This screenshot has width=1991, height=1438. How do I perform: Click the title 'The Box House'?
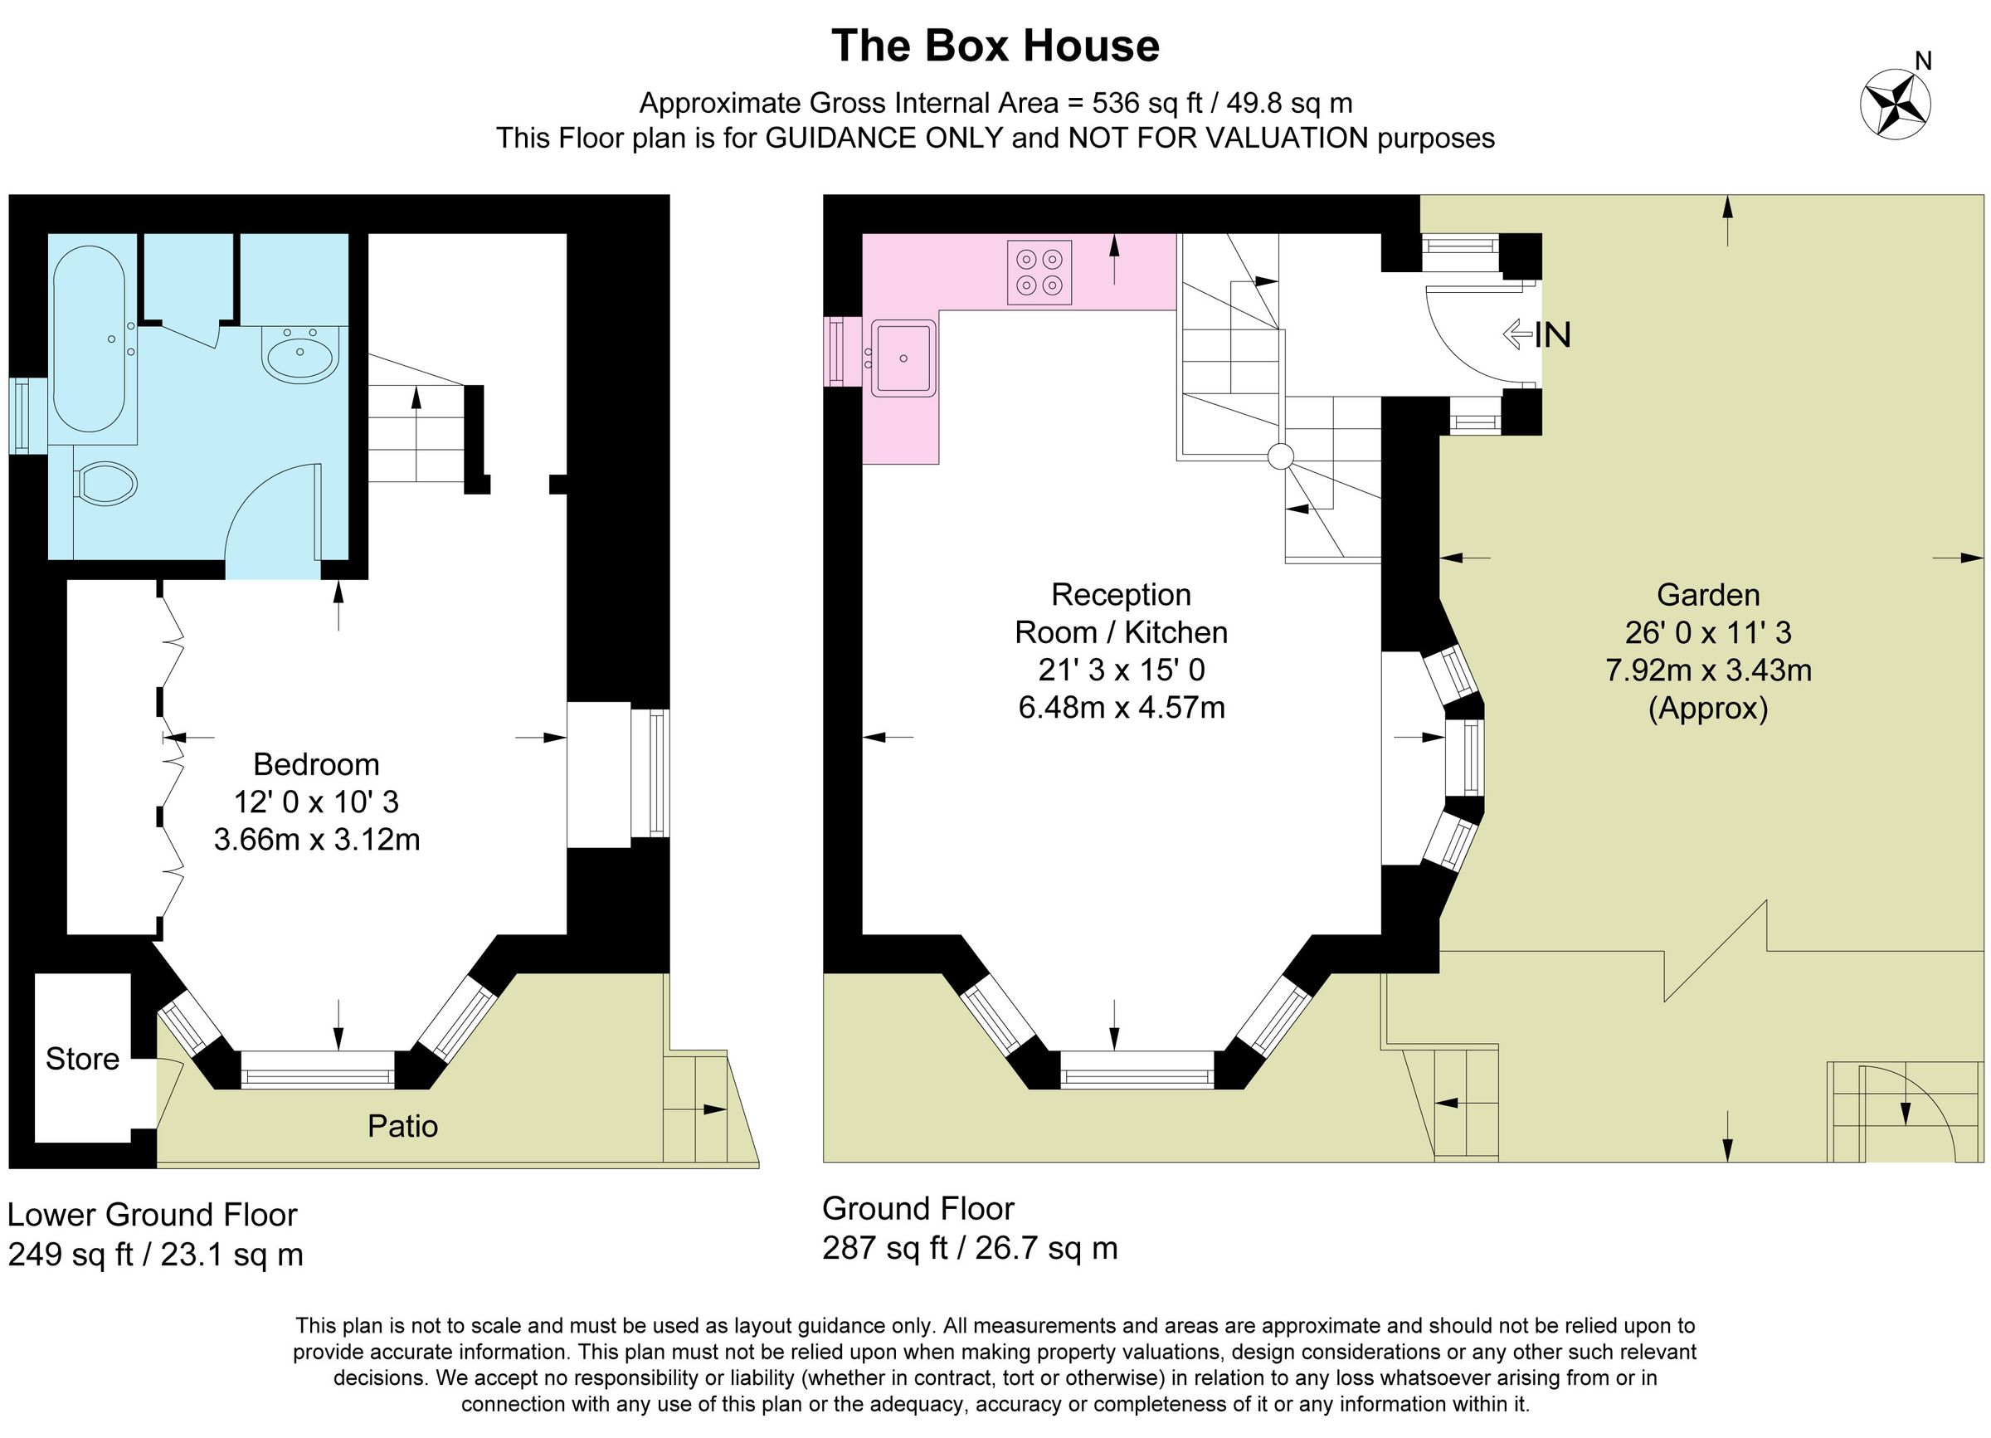click(x=995, y=46)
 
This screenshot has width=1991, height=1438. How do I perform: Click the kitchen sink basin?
click(x=904, y=358)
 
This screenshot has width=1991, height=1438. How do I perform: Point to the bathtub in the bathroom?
click(x=90, y=339)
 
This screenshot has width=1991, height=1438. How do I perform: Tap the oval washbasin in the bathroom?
click(x=299, y=355)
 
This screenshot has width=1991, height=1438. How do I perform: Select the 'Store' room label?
click(x=82, y=1059)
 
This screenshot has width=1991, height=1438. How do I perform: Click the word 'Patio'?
click(x=402, y=1126)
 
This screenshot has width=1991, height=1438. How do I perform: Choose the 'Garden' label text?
click(x=1708, y=594)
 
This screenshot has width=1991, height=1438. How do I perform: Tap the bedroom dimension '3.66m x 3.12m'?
click(x=317, y=841)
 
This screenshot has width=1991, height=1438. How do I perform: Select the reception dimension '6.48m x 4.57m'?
click(x=1121, y=707)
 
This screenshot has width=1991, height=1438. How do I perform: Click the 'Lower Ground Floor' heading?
click(x=153, y=1215)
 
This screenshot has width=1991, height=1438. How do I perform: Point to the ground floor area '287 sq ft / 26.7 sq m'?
click(x=970, y=1247)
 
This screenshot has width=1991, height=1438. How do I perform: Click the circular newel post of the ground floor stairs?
click(x=1281, y=456)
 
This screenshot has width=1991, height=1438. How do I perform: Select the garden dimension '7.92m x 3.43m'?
click(x=1708, y=670)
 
